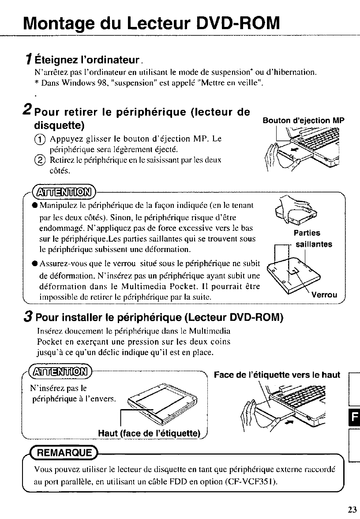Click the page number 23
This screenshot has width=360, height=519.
pyautogui.click(x=352, y=510)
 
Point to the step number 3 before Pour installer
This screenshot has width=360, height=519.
pyautogui.click(x=27, y=317)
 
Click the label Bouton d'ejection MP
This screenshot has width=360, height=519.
pyautogui.click(x=303, y=120)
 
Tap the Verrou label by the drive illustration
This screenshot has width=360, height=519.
pyautogui.click(x=324, y=295)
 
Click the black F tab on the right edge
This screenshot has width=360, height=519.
pyautogui.click(x=356, y=415)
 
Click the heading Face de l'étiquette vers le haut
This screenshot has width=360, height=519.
pyautogui.click(x=277, y=375)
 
